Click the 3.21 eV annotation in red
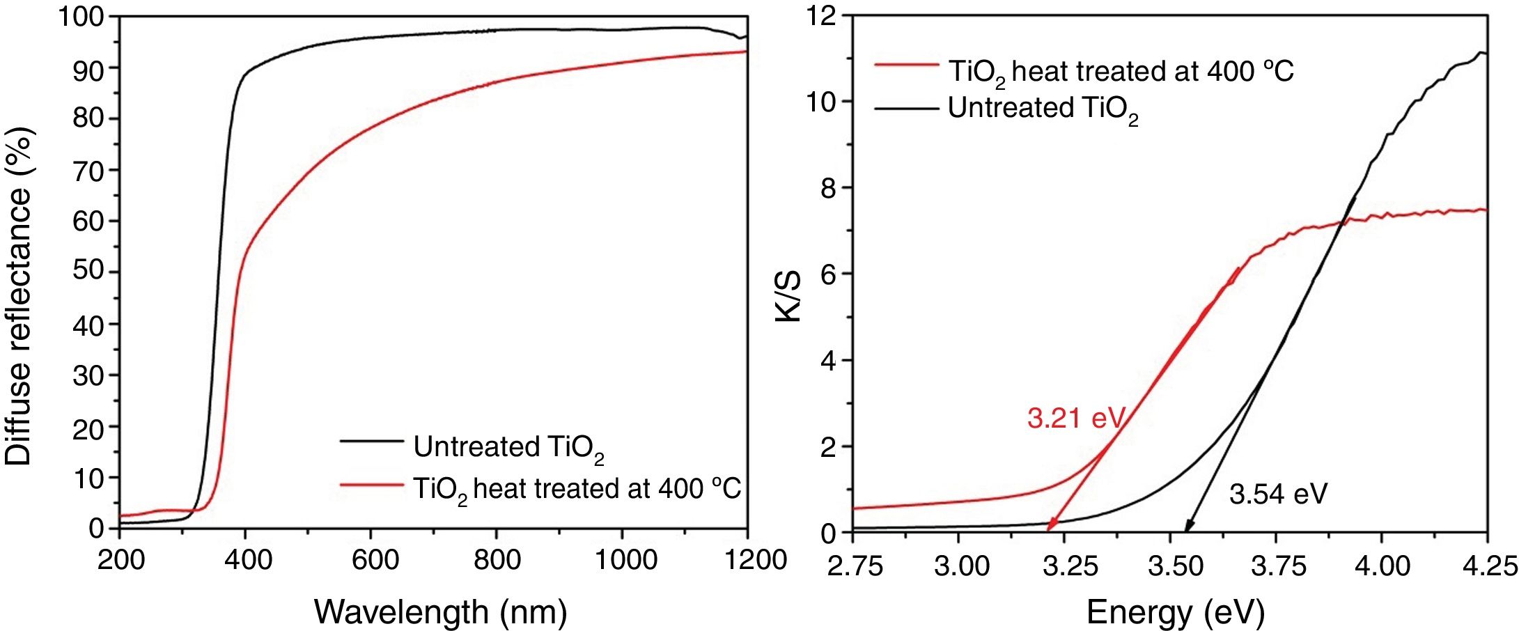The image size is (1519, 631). (x=1075, y=419)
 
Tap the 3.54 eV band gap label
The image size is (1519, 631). (x=1278, y=494)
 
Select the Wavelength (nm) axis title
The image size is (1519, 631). (x=440, y=612)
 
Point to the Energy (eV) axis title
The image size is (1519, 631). (x=1175, y=612)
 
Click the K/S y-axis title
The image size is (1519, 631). (x=788, y=296)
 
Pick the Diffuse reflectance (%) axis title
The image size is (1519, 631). (x=19, y=296)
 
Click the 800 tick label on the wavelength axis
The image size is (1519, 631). (x=497, y=560)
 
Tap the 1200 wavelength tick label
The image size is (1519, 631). (x=755, y=560)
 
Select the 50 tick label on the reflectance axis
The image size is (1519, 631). (x=88, y=272)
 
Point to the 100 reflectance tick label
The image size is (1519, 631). (x=81, y=17)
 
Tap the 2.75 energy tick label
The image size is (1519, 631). (x=855, y=566)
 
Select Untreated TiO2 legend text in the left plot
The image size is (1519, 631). (x=508, y=448)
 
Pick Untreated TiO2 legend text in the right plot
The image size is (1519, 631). (x=1043, y=109)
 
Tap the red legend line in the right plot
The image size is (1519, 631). (x=906, y=65)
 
